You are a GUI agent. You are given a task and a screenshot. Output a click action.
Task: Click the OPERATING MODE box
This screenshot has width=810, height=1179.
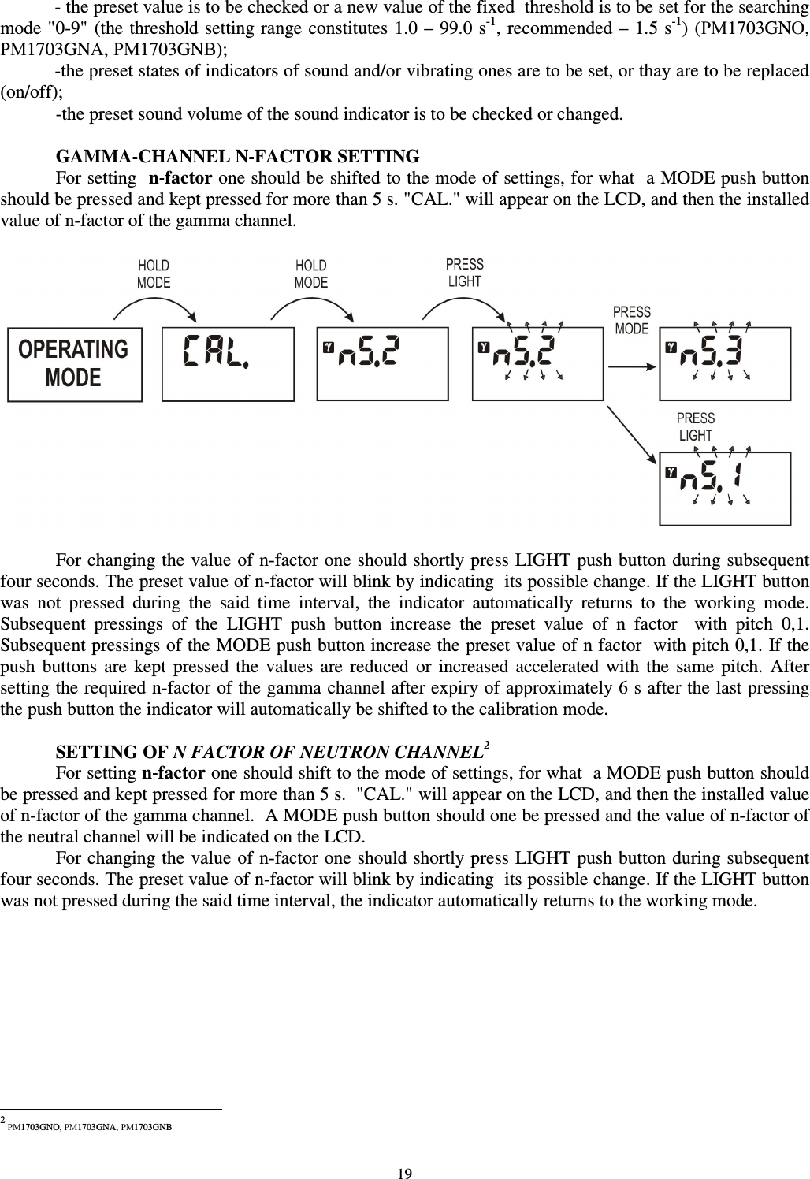75,364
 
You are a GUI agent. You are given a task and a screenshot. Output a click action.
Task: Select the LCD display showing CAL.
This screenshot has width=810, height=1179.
228,364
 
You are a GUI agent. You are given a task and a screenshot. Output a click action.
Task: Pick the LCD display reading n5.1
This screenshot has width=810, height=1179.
725,488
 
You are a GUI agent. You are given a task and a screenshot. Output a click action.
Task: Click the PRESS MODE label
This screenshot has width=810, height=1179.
631,320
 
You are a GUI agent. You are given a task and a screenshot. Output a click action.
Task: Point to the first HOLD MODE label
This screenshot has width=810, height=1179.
154,274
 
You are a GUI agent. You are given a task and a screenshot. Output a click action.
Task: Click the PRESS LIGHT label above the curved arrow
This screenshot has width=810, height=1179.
464,273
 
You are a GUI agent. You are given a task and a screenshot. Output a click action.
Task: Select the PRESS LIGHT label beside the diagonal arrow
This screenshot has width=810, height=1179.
696,426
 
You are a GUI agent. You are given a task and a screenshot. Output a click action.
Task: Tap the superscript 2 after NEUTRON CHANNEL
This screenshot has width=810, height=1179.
487,745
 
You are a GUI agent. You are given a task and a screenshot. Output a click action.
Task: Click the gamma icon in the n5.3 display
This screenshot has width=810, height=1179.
671,346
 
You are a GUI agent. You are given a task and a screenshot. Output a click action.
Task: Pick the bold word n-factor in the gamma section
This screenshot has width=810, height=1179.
177,177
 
